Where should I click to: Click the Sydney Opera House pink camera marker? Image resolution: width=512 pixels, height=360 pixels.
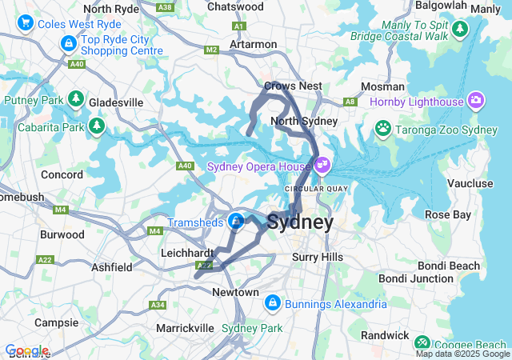(x=322, y=166)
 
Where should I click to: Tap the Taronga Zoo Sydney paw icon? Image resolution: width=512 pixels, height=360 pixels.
(x=384, y=129)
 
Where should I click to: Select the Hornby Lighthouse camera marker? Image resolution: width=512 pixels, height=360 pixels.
(x=476, y=102)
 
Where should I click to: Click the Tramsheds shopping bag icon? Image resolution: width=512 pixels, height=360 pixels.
(x=236, y=221)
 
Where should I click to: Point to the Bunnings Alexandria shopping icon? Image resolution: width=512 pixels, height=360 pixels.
(x=272, y=303)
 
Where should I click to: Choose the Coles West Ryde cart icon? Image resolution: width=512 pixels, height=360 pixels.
(x=26, y=23)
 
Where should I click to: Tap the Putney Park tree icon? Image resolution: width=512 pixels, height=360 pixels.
(x=76, y=100)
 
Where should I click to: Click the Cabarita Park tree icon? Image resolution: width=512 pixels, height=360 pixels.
(x=97, y=126)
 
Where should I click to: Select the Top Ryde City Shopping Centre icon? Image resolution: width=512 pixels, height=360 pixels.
(x=69, y=40)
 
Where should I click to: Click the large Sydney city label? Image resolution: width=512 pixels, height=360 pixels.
(x=300, y=222)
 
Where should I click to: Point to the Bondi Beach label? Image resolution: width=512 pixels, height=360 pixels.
(x=452, y=266)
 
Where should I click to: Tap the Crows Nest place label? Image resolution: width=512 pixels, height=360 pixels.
(x=293, y=86)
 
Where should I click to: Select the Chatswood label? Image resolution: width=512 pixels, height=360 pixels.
(x=235, y=6)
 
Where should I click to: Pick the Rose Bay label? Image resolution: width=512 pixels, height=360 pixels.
(x=447, y=214)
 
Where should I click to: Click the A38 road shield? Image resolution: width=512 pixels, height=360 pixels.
(x=166, y=6)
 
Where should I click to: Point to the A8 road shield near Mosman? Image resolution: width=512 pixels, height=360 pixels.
(x=350, y=102)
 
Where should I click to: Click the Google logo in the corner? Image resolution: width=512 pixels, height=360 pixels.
(x=26, y=350)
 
